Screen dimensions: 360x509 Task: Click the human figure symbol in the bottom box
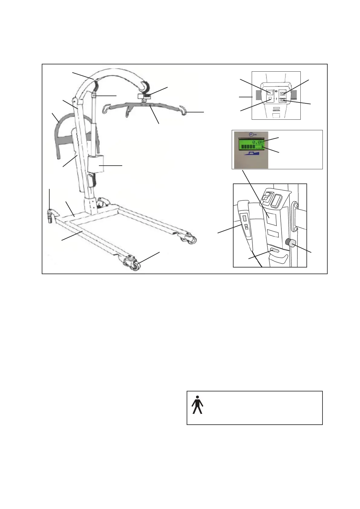click(x=197, y=405)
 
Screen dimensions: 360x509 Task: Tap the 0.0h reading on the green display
click(x=258, y=142)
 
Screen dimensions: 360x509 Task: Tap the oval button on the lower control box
click(x=275, y=251)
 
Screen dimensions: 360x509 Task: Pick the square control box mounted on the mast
click(x=97, y=165)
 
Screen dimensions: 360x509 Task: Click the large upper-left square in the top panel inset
click(x=270, y=92)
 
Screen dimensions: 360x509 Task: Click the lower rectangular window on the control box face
click(x=273, y=234)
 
